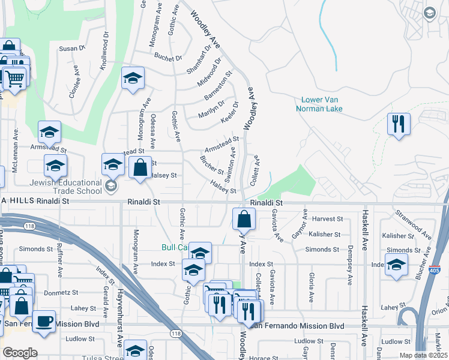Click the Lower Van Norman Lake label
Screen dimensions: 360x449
(319, 104)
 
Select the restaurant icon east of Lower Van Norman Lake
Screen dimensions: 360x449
(399, 124)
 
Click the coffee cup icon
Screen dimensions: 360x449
(44, 322)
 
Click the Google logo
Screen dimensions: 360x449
(20, 353)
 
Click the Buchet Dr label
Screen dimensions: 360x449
(167, 58)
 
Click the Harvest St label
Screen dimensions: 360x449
(327, 219)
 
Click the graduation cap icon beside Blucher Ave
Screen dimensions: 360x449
(396, 265)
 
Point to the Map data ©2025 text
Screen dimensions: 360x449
(423, 355)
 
